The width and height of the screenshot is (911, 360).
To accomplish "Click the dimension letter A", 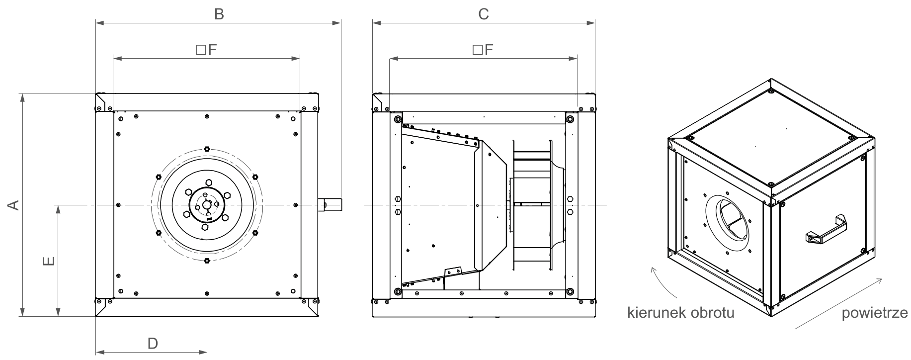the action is [14, 204].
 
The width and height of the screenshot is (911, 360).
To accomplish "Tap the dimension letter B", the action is [219, 14].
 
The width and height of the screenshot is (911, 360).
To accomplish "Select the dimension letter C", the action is [484, 14].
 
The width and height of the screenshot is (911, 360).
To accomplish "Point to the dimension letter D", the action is [153, 343].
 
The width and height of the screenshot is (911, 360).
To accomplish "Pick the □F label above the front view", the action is [206, 50].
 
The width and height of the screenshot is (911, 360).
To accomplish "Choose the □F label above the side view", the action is [483, 50].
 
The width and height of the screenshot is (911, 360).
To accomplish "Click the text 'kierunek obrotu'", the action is [681, 313].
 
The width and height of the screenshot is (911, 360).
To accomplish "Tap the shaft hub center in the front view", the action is [207, 205].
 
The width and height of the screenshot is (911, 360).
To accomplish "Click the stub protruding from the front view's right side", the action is [330, 205].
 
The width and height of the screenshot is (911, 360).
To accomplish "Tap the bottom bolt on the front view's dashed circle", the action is [207, 261].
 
